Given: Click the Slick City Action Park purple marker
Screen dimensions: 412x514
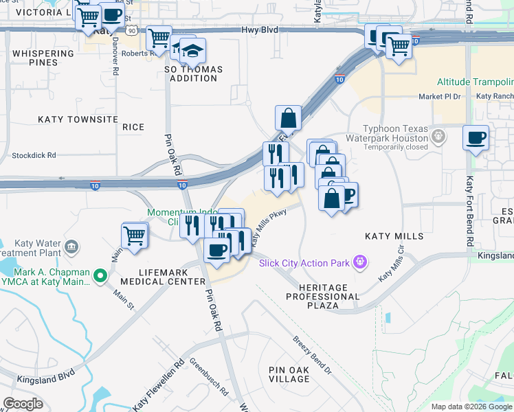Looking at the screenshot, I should tap(358, 262).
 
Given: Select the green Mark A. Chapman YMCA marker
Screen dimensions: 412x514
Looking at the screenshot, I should tap(101, 276).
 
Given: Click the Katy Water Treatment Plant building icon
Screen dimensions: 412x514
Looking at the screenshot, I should tap(71, 247).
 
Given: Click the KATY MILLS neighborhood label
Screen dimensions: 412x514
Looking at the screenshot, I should tap(394, 236).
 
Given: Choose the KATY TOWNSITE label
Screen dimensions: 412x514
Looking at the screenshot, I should tap(78, 119).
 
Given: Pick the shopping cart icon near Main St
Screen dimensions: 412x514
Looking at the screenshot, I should tap(135, 236).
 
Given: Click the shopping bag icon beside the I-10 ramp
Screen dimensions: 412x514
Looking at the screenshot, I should tap(289, 118).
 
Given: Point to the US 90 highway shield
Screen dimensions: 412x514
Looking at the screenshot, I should tap(131, 30).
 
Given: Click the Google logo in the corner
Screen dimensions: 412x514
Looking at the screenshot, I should tap(23, 404).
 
